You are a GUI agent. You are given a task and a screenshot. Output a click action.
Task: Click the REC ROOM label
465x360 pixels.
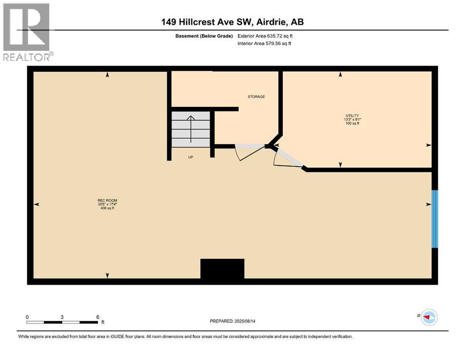pos(104,201)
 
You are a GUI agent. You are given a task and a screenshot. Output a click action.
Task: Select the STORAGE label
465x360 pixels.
pos(256,97)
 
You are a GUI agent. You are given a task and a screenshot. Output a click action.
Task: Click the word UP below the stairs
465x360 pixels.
pos(191,157)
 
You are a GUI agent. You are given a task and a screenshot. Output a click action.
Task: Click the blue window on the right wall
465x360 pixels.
pos(435,218)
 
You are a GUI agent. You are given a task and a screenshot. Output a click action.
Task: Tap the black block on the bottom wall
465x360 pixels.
pos(222,270)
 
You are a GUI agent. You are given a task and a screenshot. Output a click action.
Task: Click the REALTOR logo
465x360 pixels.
pos(27,32)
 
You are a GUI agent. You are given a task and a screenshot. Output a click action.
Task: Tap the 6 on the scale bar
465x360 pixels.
pos(97,316)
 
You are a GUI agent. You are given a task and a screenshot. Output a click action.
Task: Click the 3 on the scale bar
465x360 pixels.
pos(62,316)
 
